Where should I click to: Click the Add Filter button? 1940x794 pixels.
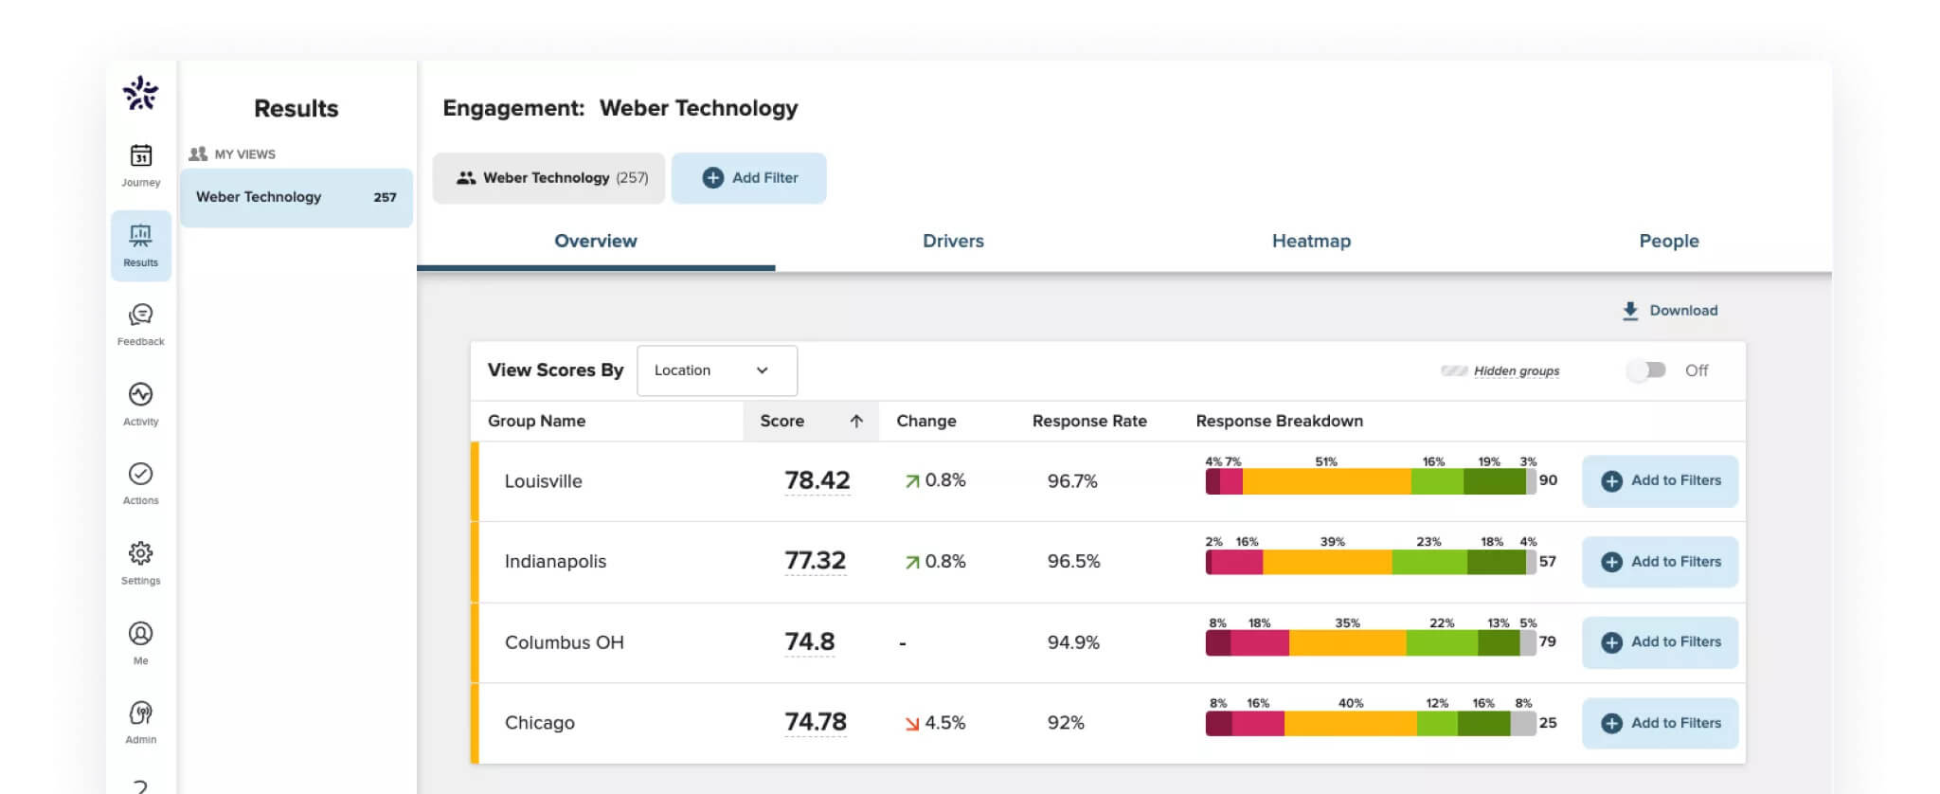click(x=748, y=178)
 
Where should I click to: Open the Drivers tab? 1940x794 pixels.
click(x=953, y=241)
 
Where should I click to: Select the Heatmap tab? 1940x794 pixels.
click(x=1311, y=241)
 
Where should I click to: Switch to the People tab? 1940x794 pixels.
click(x=1668, y=241)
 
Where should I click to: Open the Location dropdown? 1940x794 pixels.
click(x=717, y=370)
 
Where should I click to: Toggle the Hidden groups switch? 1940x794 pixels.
click(x=1646, y=370)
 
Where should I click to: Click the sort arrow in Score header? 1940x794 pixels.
click(x=856, y=422)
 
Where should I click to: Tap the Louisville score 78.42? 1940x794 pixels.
click(x=817, y=480)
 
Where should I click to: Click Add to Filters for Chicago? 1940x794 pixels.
click(x=1660, y=723)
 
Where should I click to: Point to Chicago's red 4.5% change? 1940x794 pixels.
click(x=935, y=723)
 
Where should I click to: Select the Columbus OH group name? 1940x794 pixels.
click(x=564, y=642)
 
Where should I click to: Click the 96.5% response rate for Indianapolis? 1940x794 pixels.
click(x=1073, y=561)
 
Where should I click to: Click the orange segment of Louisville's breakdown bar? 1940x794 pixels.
click(x=1326, y=481)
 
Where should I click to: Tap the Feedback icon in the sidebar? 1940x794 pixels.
click(x=140, y=316)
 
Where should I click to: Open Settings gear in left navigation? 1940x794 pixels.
click(x=140, y=553)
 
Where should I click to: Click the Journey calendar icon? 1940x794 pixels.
click(x=140, y=156)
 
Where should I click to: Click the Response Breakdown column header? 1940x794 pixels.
click(x=1279, y=422)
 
